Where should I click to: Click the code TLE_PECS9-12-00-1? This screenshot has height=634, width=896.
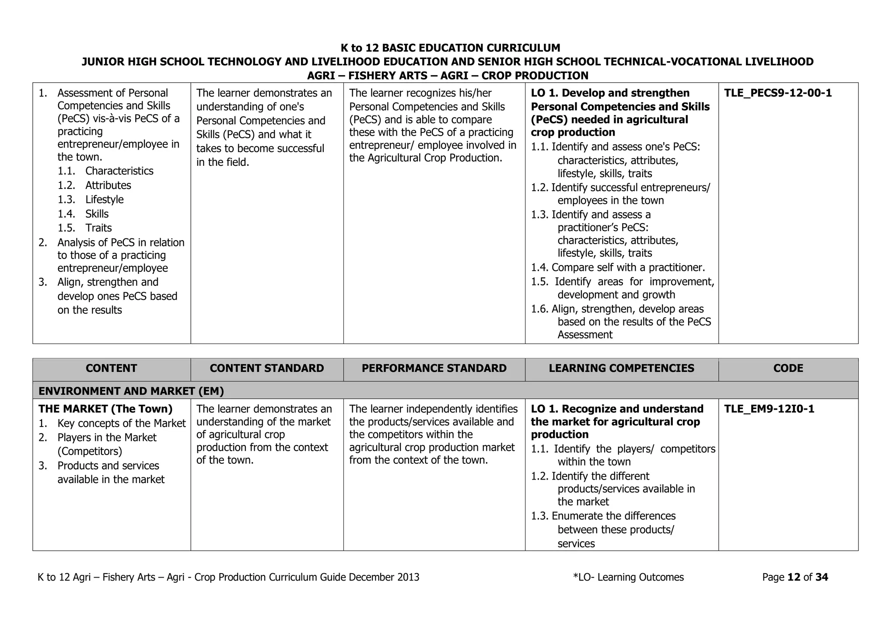click(778, 93)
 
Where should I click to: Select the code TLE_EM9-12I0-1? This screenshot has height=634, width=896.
click(769, 409)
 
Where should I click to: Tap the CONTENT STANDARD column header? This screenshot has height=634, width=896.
click(267, 368)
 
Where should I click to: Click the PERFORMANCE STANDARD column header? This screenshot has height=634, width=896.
click(434, 368)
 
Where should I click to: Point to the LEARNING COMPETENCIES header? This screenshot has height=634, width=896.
click(621, 368)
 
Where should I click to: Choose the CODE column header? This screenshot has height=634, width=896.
click(788, 368)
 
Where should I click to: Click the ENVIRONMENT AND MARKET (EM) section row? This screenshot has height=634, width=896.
click(131, 391)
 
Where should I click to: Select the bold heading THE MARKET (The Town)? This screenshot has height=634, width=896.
click(105, 409)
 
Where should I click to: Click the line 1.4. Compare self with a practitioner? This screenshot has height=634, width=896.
click(618, 267)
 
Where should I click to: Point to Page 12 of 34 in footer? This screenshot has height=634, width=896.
click(795, 577)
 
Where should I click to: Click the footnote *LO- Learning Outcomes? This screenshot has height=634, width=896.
click(628, 577)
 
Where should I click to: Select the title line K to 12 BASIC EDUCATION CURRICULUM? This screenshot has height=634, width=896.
click(450, 48)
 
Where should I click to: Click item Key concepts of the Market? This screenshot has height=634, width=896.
click(122, 424)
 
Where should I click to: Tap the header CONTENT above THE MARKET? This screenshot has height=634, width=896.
click(111, 368)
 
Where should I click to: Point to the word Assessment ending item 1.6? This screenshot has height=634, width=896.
click(585, 335)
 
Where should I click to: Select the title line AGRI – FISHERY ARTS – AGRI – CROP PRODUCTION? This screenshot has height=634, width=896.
click(448, 76)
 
